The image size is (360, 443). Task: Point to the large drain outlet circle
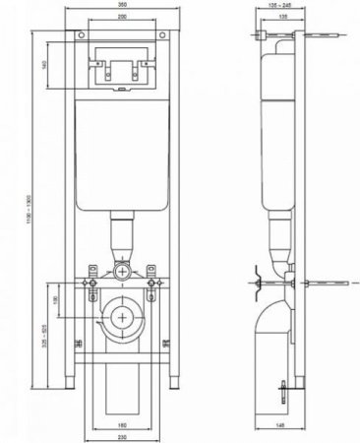(122, 318)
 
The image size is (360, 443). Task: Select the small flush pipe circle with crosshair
(122, 270)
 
